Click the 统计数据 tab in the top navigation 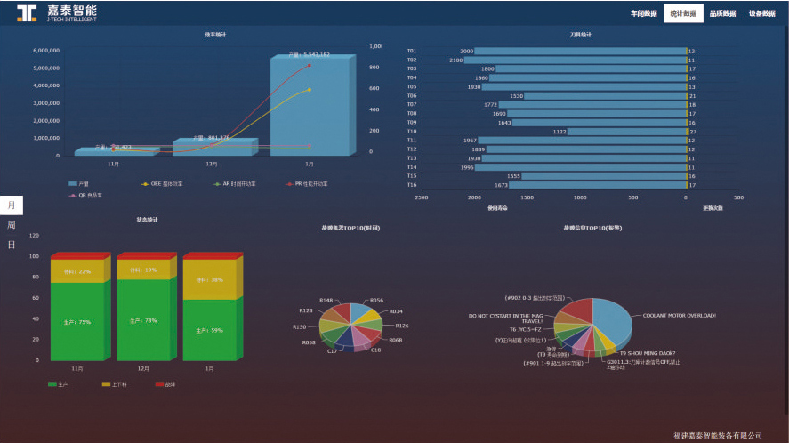(682, 13)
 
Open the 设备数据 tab (762, 13)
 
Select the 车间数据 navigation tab (643, 13)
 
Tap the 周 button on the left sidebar (12, 225)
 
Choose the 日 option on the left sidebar (12, 245)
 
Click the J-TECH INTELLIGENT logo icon (27, 12)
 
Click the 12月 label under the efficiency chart (212, 165)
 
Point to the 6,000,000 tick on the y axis (45, 51)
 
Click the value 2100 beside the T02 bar (456, 60)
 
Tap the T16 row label (412, 185)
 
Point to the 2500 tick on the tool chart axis (422, 197)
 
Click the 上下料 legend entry (117, 384)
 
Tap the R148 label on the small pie (326, 301)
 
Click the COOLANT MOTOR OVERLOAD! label (679, 315)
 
